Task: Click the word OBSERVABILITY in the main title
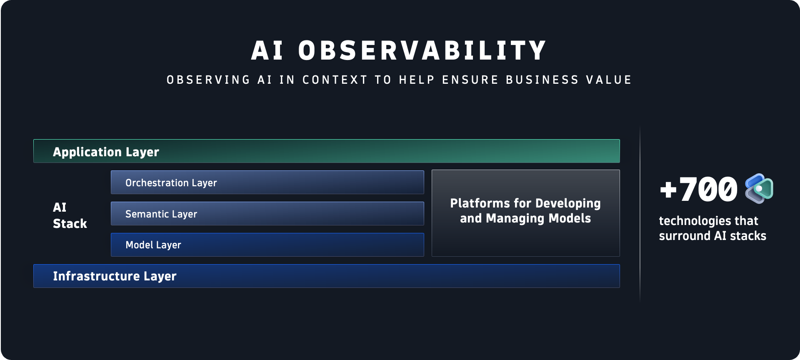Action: [422, 51]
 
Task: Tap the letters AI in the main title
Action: [267, 51]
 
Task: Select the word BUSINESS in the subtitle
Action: [542, 80]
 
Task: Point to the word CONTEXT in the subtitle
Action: [335, 80]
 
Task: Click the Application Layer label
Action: [106, 152]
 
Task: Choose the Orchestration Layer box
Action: [267, 182]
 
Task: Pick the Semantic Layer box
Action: [267, 214]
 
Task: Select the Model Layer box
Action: [267, 245]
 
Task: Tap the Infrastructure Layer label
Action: [115, 276]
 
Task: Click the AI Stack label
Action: [69, 215]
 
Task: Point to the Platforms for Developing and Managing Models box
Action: [525, 213]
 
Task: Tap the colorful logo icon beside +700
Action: [759, 189]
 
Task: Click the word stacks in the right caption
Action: [748, 236]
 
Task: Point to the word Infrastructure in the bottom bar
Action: [96, 276]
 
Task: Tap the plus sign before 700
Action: [668, 190]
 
